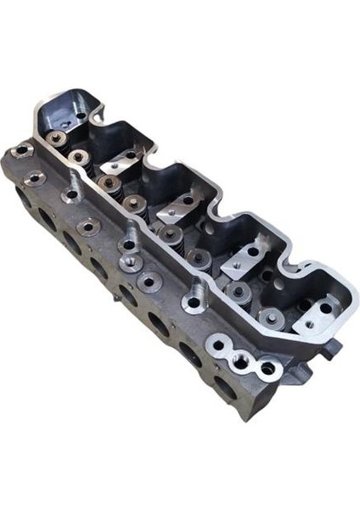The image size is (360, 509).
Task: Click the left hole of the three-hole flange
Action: pyautogui.click(x=222, y=347)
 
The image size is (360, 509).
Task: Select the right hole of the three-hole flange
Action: pyautogui.click(x=267, y=369)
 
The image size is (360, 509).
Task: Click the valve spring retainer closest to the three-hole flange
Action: pyautogui.click(x=270, y=318)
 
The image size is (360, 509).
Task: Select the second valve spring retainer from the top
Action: pyautogui.click(x=78, y=157)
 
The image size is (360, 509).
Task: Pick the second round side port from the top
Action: pyautogui.click(x=45, y=219)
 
